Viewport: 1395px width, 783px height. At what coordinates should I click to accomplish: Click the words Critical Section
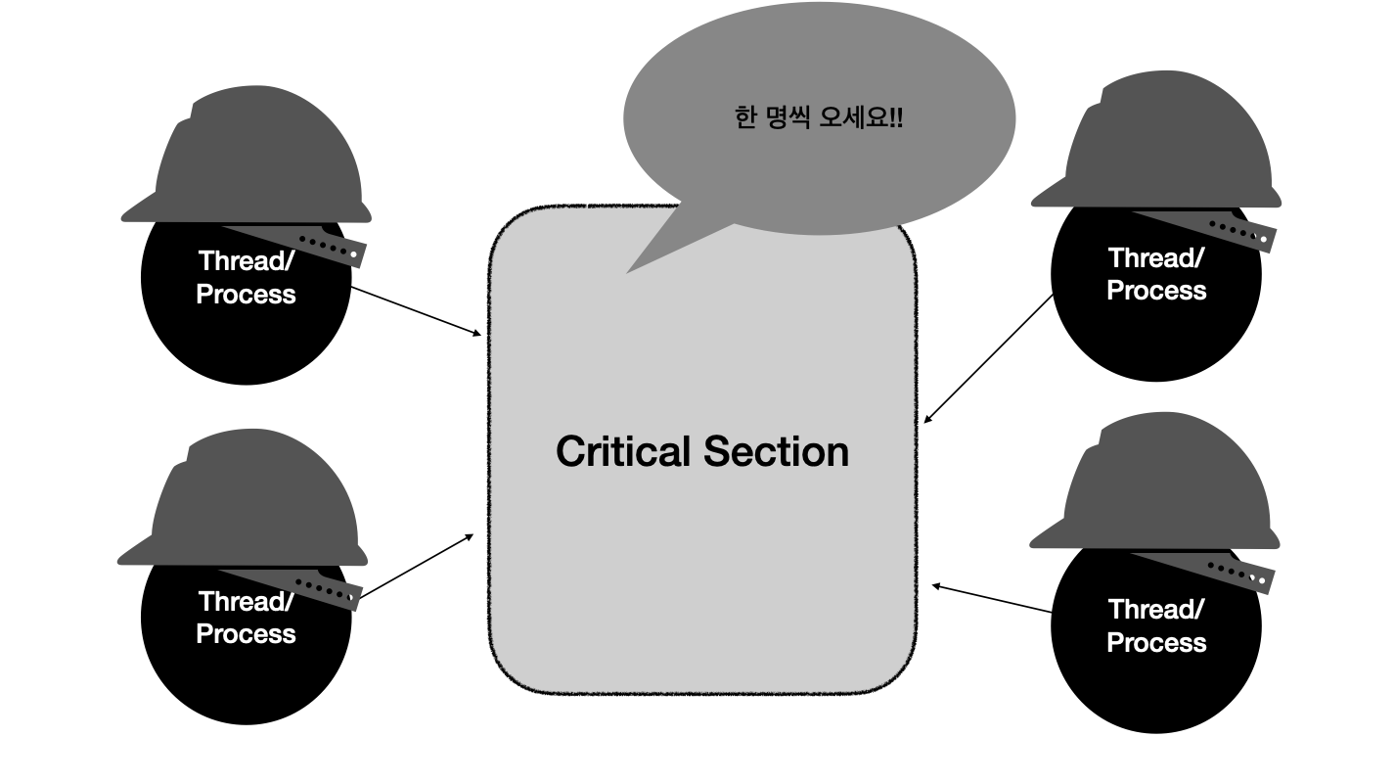point(702,451)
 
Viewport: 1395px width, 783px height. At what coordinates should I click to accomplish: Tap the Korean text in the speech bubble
point(818,118)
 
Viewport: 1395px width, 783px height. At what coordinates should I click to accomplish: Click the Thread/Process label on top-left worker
point(246,277)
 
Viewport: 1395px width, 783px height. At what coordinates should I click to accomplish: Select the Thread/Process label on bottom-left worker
point(246,618)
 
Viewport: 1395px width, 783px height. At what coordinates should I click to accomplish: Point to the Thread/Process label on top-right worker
point(1155,274)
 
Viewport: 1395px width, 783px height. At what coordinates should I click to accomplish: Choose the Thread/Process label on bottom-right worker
point(1155,625)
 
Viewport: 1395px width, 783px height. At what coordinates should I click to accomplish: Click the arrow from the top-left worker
point(416,311)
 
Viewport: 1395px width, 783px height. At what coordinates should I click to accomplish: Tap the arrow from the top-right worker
point(988,358)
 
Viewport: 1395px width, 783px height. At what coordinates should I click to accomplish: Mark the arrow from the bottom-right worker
point(992,599)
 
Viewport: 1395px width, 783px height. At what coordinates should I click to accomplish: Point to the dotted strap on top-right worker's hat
point(1240,233)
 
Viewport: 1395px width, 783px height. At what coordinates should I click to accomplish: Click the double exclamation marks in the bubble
point(897,118)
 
